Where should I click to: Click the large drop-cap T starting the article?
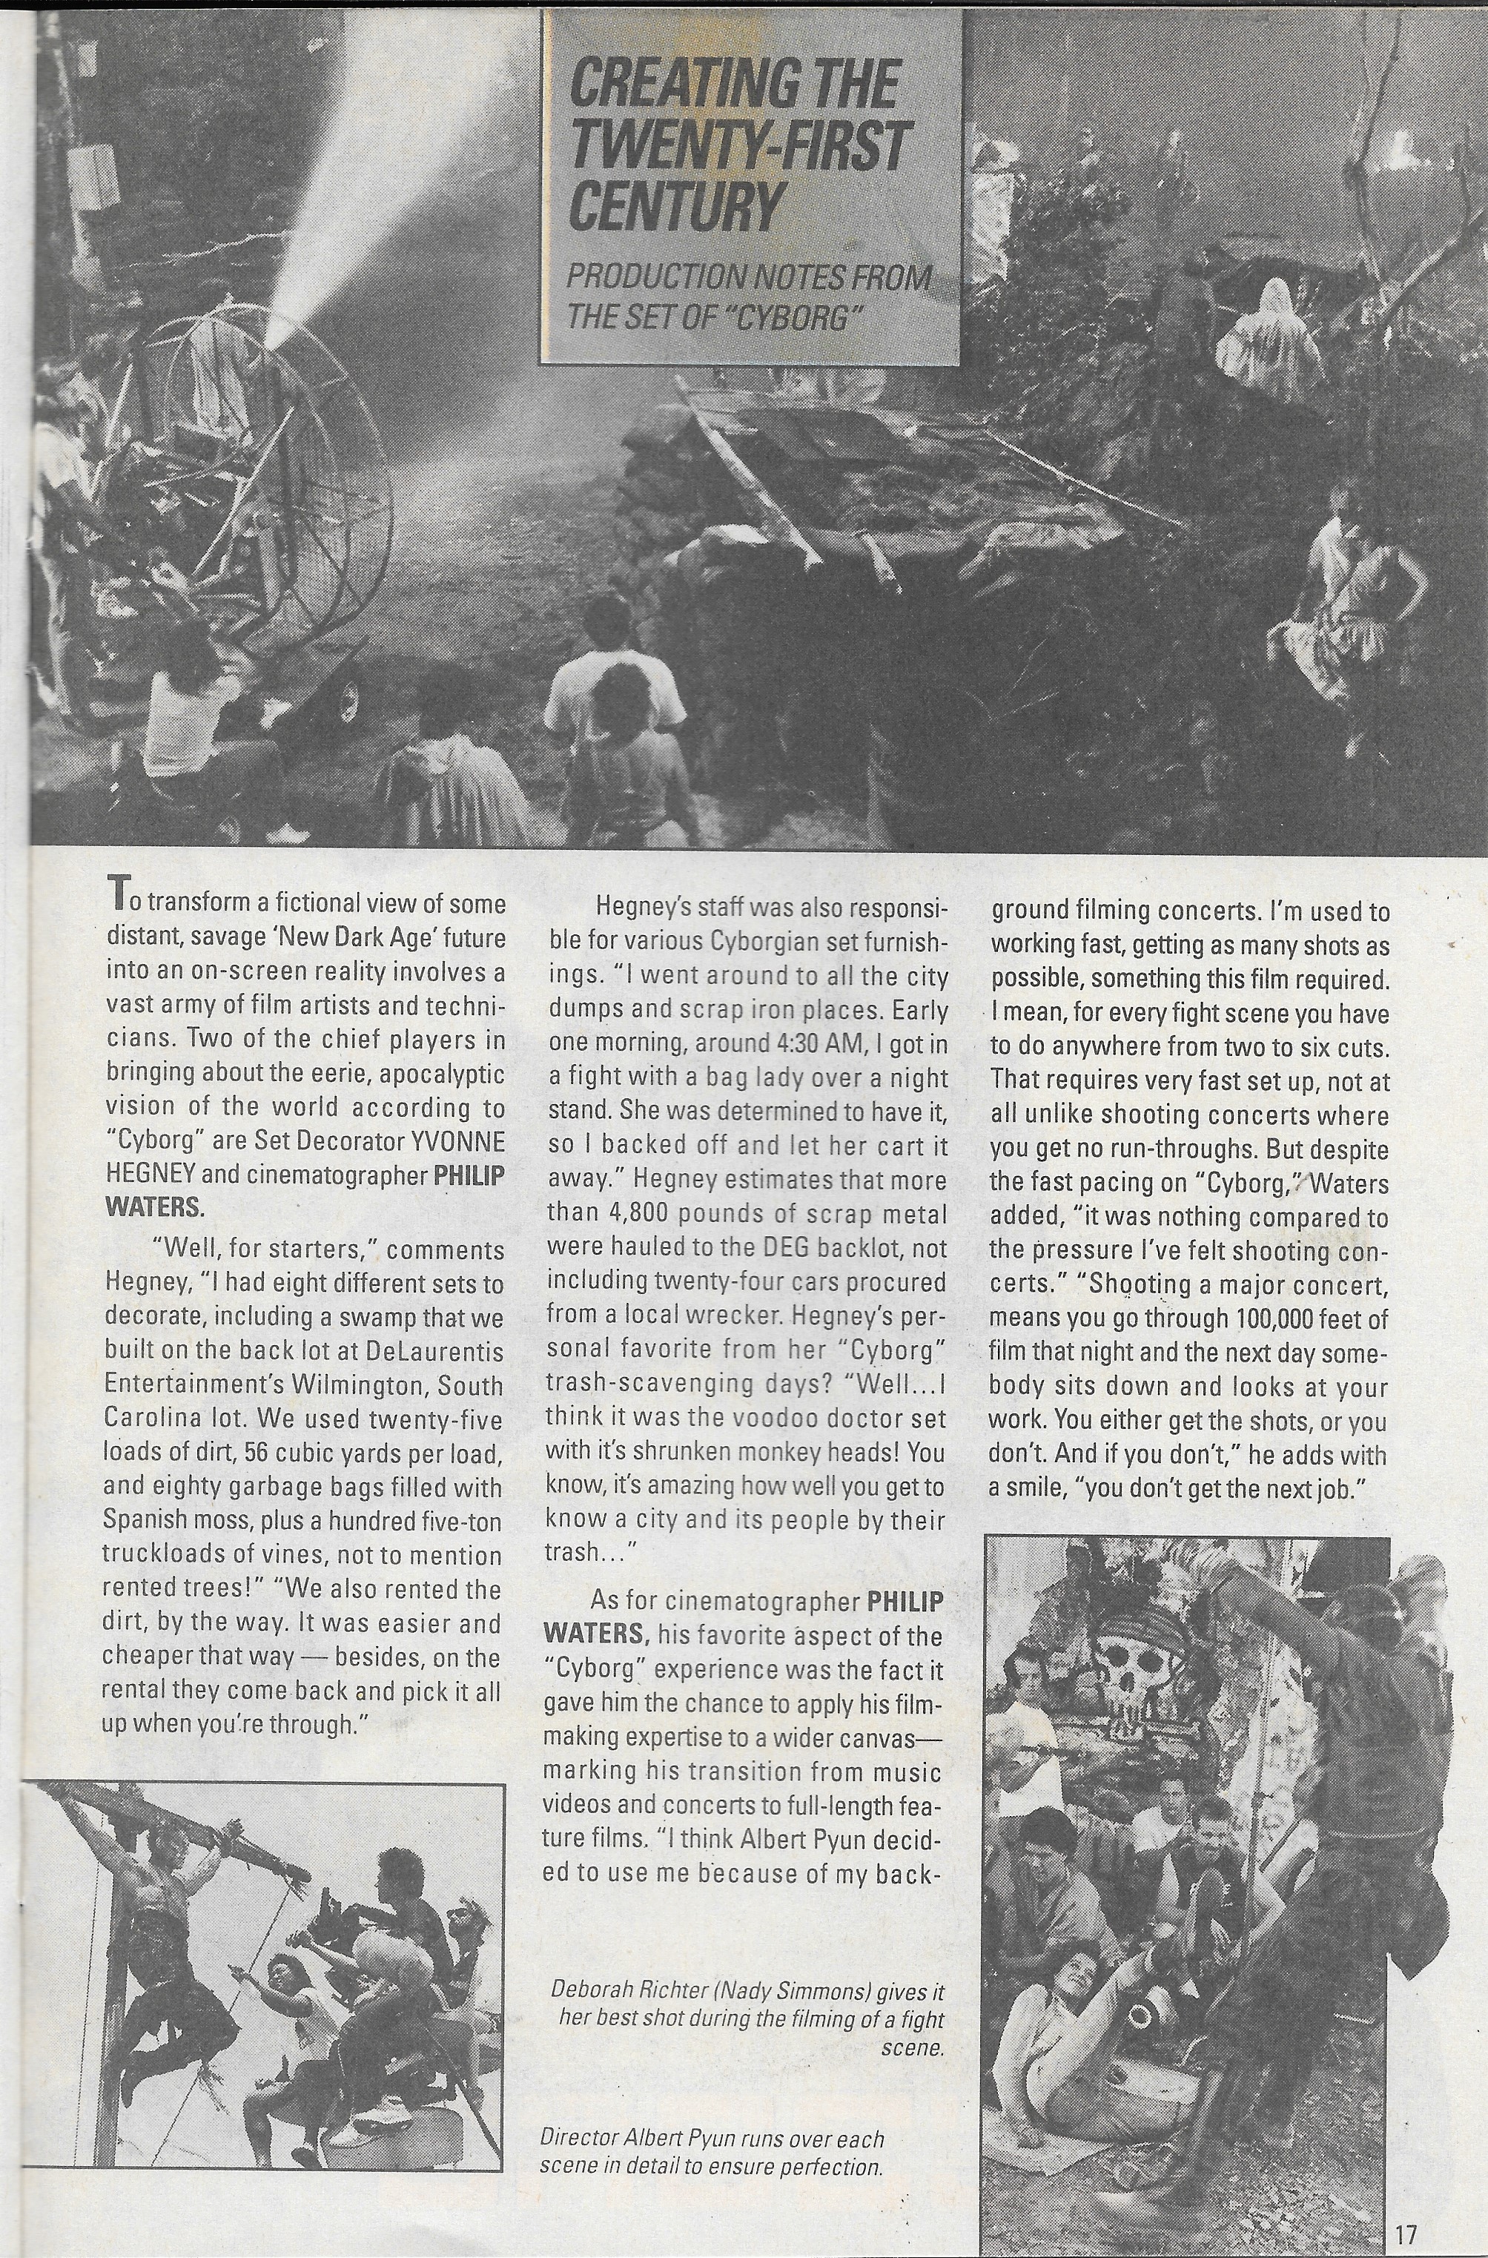[116, 893]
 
